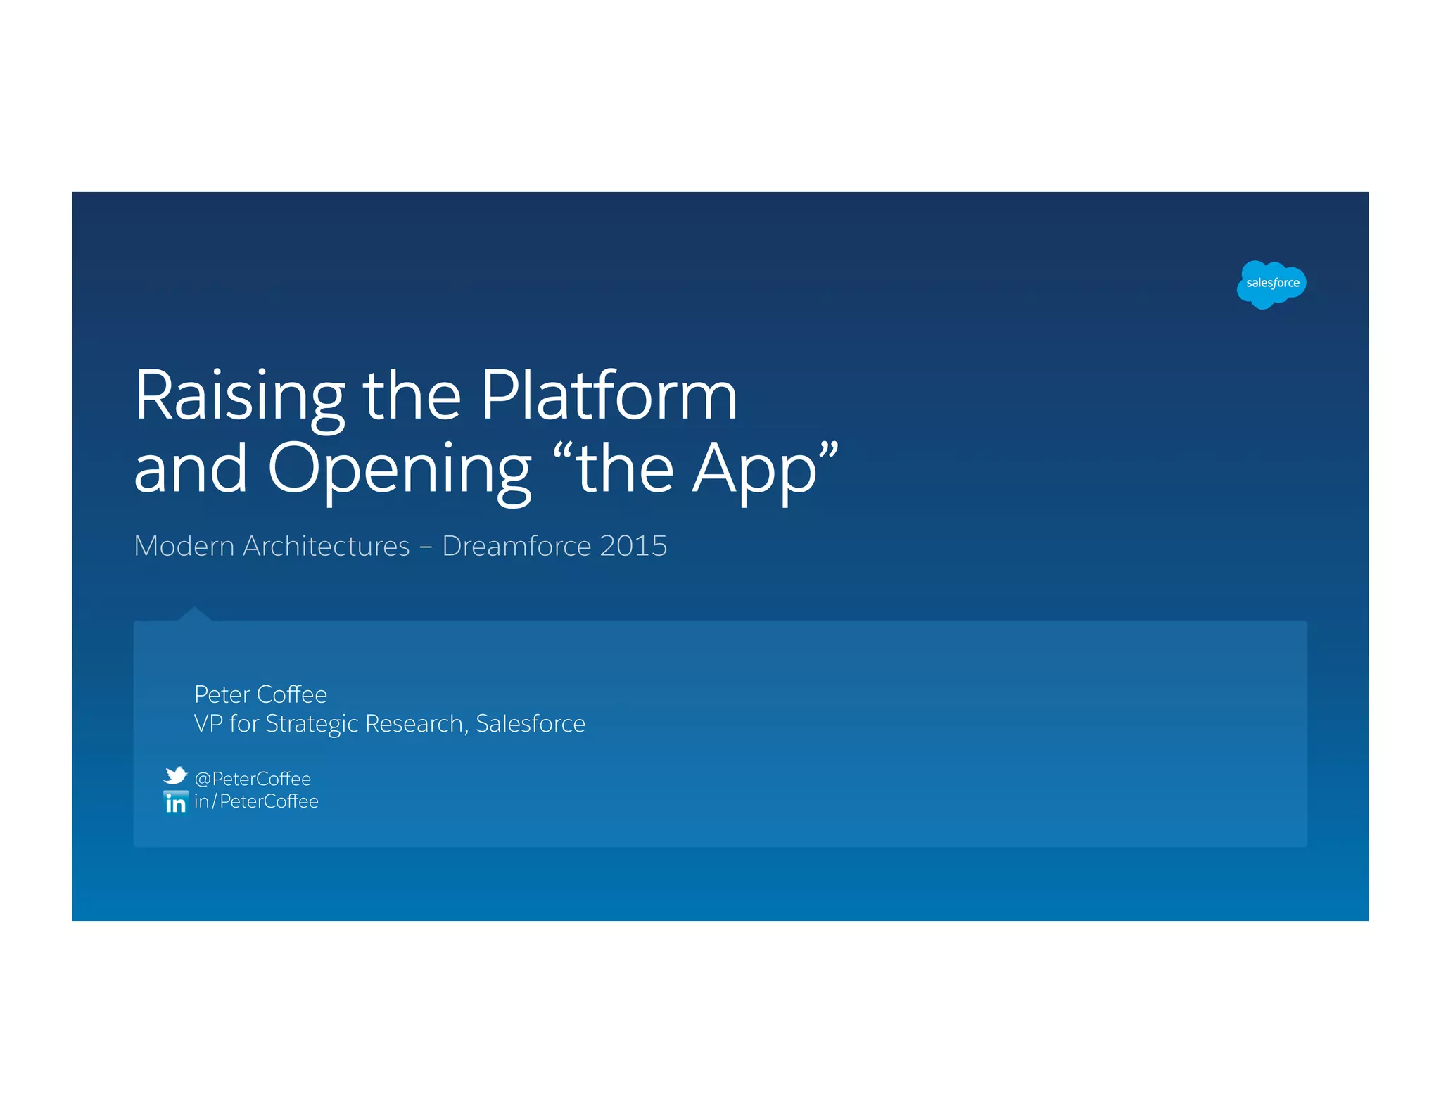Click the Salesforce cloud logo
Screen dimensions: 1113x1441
click(x=1271, y=284)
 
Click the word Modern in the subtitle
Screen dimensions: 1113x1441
click(x=184, y=546)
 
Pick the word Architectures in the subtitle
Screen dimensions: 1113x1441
click(x=326, y=546)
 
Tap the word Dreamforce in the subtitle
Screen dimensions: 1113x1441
click(x=516, y=546)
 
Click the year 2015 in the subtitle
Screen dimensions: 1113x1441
click(x=633, y=546)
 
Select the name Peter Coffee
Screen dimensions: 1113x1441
click(x=260, y=694)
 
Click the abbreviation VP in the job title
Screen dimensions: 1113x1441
click(x=208, y=724)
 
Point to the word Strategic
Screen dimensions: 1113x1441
click(x=311, y=724)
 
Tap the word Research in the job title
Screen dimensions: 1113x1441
click(x=415, y=724)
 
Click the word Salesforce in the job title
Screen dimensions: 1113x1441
click(x=531, y=724)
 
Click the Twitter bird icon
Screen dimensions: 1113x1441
click(x=175, y=775)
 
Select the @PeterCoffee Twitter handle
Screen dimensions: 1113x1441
click(x=253, y=779)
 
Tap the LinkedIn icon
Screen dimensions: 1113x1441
click(x=175, y=802)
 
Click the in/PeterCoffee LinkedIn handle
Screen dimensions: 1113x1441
click(x=256, y=801)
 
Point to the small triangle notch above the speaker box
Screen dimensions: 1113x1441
click(x=194, y=614)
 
